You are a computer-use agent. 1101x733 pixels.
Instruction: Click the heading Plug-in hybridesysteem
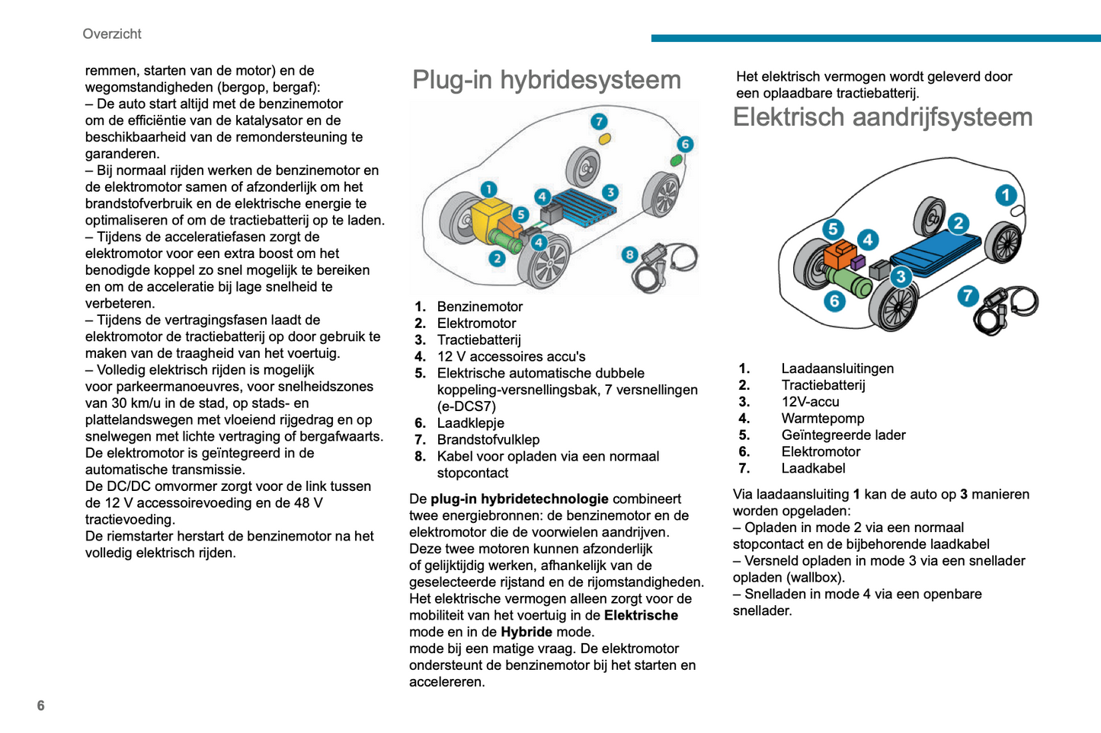(x=546, y=80)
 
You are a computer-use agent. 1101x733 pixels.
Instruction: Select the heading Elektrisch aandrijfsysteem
(x=882, y=117)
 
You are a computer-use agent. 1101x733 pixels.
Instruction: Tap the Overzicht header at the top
(x=112, y=34)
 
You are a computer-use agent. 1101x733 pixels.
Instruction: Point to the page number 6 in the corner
(x=41, y=706)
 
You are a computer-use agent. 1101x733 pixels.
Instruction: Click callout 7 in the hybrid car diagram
(x=599, y=122)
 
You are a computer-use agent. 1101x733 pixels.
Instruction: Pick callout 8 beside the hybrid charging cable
(x=629, y=255)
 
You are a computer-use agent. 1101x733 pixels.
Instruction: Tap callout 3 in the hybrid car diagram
(x=610, y=193)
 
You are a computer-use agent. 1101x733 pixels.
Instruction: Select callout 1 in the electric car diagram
(x=1006, y=196)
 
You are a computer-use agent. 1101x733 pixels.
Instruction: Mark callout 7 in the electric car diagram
(x=968, y=295)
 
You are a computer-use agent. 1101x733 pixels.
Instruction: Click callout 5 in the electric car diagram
(x=833, y=229)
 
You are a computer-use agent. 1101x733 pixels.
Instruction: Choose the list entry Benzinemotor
(x=479, y=307)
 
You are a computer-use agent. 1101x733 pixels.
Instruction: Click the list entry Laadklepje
(x=470, y=423)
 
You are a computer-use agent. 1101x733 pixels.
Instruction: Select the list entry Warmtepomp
(x=822, y=419)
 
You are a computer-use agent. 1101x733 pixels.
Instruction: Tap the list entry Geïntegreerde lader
(x=843, y=435)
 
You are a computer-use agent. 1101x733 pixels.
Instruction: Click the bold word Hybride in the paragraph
(x=526, y=632)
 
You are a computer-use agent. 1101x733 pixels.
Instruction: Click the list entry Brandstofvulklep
(x=488, y=440)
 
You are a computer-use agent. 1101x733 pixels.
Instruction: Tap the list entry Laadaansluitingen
(x=837, y=368)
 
